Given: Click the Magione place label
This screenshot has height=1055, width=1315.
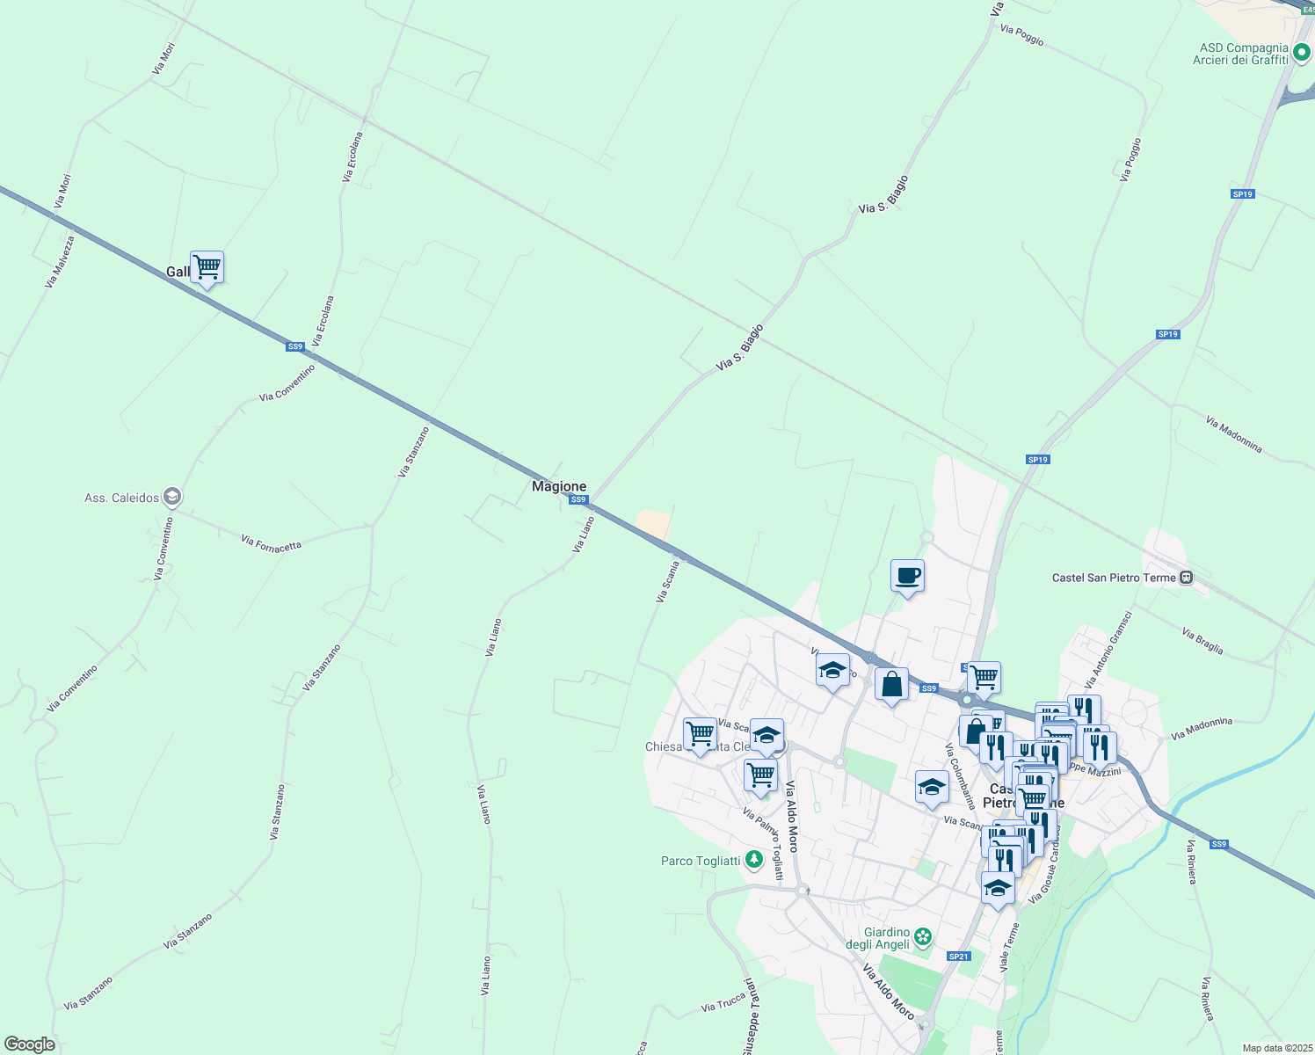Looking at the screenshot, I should pyautogui.click(x=559, y=486).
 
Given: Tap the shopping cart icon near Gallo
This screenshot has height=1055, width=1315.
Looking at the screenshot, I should pyautogui.click(x=207, y=266).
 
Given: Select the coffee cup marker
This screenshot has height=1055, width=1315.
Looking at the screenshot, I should pyautogui.click(x=907, y=577).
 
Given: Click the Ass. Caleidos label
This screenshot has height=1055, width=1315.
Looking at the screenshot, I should pyautogui.click(x=122, y=498).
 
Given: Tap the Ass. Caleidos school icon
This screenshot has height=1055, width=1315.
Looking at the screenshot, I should pyautogui.click(x=173, y=498).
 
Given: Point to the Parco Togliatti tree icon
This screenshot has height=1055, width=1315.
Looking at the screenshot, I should pyautogui.click(x=753, y=861).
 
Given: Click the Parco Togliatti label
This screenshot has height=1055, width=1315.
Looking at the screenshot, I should pyautogui.click(x=701, y=861).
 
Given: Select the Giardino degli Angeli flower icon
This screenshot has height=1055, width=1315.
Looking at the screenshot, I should pyautogui.click(x=922, y=937).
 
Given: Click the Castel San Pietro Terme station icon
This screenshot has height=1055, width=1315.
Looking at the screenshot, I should pyautogui.click(x=1187, y=578).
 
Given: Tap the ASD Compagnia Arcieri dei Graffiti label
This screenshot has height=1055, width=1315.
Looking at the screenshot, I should pyautogui.click(x=1244, y=54).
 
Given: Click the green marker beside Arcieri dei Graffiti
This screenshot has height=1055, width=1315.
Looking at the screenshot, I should pyautogui.click(x=1301, y=55).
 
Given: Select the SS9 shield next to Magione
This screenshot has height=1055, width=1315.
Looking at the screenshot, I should pyautogui.click(x=578, y=500).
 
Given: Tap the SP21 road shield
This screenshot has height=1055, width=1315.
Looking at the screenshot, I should pyautogui.click(x=958, y=957).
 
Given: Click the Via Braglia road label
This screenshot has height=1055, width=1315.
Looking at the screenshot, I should pyautogui.click(x=1202, y=641).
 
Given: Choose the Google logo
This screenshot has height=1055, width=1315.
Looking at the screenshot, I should pyautogui.click(x=29, y=1044).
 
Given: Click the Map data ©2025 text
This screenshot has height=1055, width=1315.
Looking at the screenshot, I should pyautogui.click(x=1277, y=1048).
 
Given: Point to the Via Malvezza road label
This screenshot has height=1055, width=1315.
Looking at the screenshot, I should pyautogui.click(x=60, y=261).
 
